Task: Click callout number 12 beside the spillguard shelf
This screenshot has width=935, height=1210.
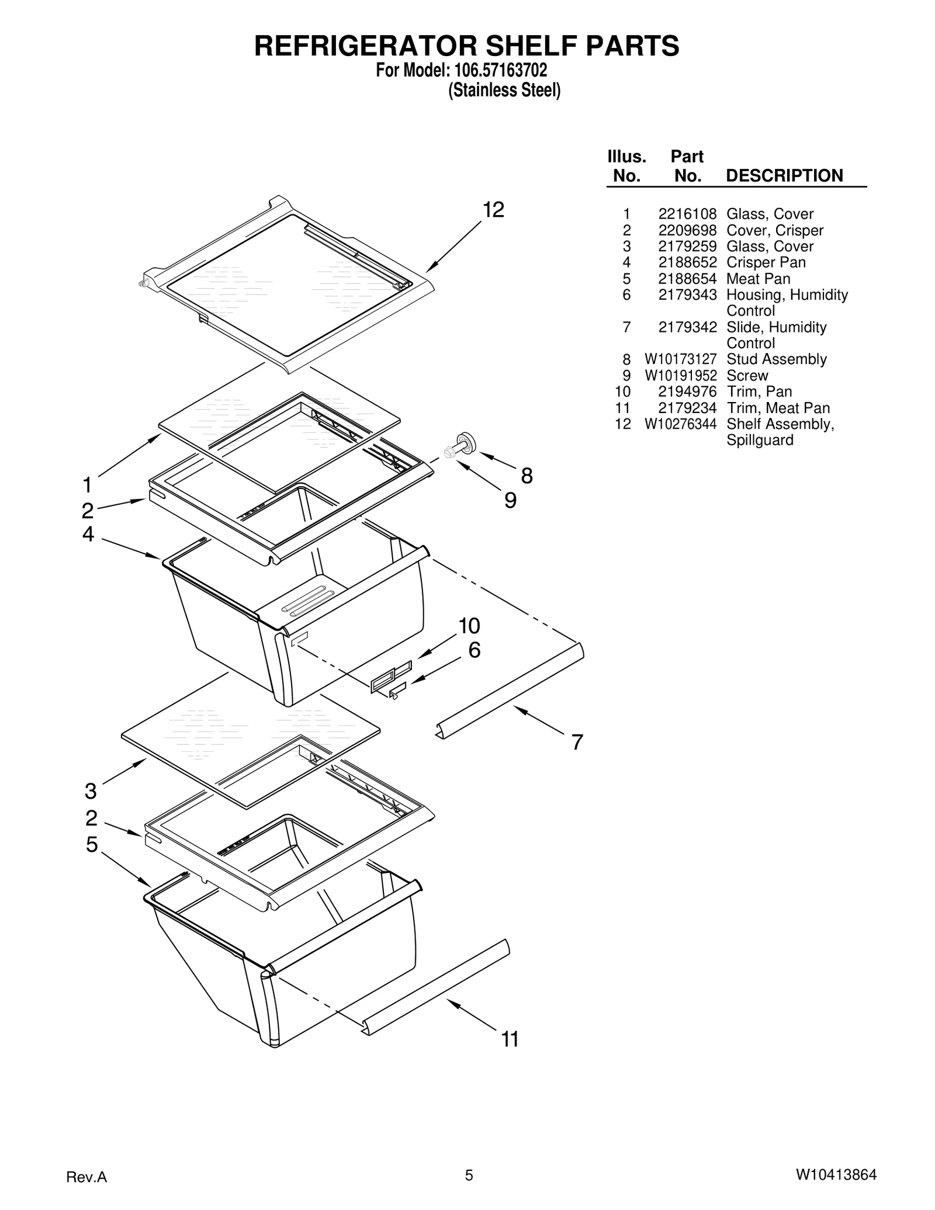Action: click(x=493, y=210)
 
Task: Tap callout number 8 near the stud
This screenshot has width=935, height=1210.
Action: click(x=527, y=476)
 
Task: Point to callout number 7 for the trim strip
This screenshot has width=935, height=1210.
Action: click(x=577, y=743)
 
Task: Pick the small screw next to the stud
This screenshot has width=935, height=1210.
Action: click(x=449, y=452)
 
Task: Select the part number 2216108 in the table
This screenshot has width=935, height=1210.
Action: click(x=687, y=214)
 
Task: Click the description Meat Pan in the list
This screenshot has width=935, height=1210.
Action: click(x=758, y=279)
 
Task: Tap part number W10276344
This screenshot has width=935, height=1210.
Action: click(x=680, y=424)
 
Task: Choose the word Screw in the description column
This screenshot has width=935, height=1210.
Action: click(x=747, y=376)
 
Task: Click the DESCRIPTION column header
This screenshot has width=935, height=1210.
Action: click(x=784, y=176)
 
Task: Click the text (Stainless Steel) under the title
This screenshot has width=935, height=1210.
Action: click(x=504, y=91)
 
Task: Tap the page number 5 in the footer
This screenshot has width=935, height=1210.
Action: click(x=469, y=1175)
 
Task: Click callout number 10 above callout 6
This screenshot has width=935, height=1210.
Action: click(x=469, y=626)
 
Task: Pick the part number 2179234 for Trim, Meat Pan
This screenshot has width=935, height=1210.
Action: click(x=687, y=408)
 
